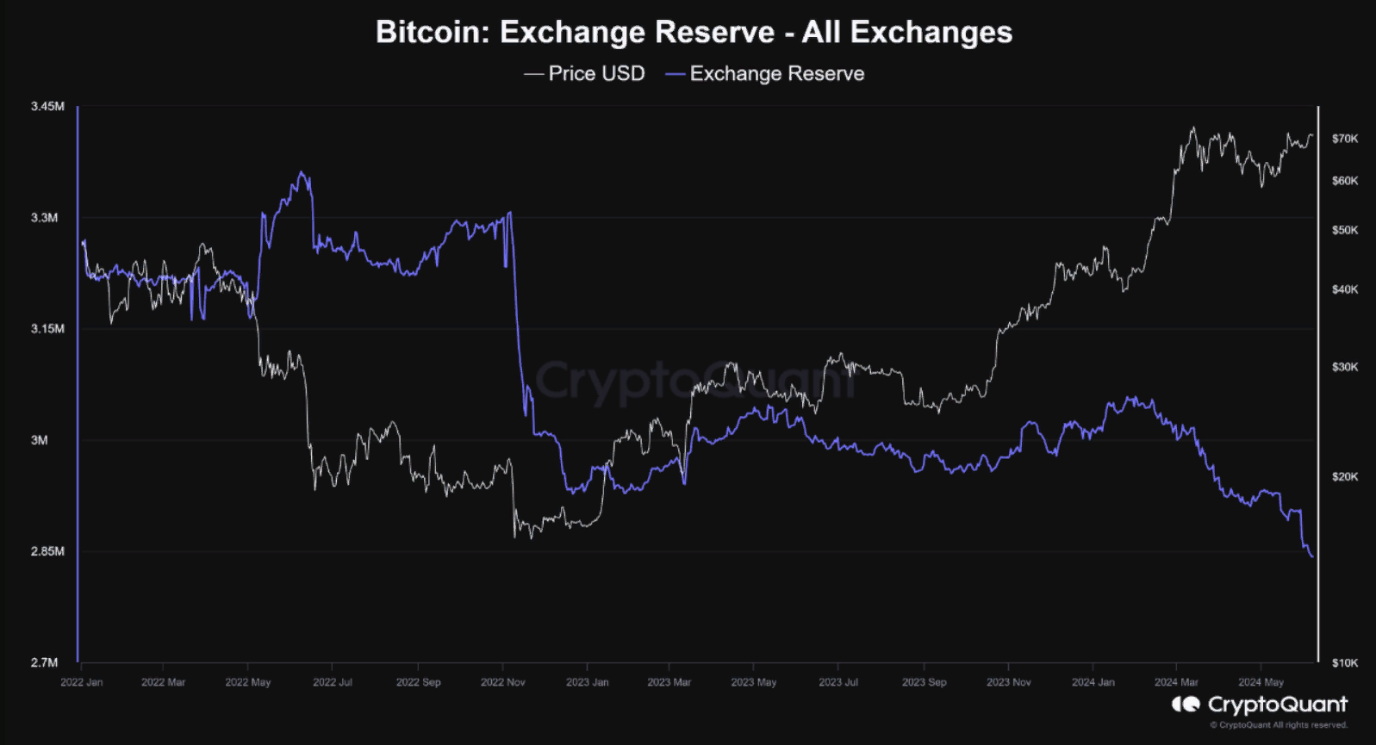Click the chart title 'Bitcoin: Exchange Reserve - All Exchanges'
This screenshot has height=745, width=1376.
694,33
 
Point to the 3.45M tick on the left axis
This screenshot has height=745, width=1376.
47,106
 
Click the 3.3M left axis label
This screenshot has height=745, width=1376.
45,218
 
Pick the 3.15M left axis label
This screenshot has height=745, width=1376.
47,329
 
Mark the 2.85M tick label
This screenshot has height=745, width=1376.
47,551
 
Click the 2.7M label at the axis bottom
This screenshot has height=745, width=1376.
45,662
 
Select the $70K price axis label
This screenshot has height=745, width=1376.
1344,139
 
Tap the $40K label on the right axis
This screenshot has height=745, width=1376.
1344,289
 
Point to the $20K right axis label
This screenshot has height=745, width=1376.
1344,476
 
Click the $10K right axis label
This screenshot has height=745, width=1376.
1344,662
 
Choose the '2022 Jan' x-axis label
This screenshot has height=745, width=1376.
82,682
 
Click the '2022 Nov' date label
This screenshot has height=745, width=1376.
503,682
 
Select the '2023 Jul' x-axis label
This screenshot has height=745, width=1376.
838,682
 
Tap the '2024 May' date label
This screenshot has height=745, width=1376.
1261,682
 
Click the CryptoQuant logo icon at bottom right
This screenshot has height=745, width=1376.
1186,705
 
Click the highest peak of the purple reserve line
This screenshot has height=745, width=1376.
301,172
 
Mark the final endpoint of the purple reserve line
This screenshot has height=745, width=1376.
1312,557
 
